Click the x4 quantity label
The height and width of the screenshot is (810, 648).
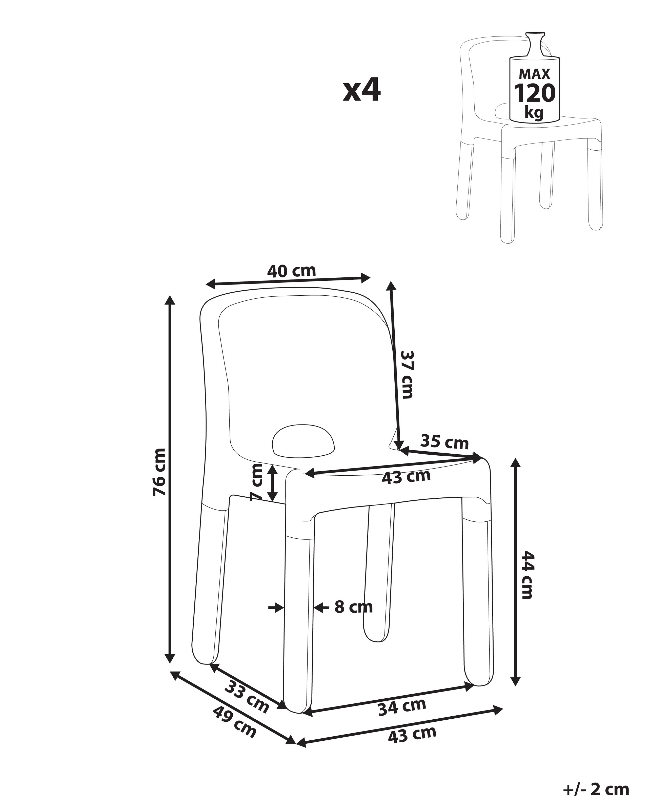pos(361,91)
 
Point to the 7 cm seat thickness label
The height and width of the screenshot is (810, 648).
pos(257,483)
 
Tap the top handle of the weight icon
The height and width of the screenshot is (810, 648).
pos(535,37)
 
